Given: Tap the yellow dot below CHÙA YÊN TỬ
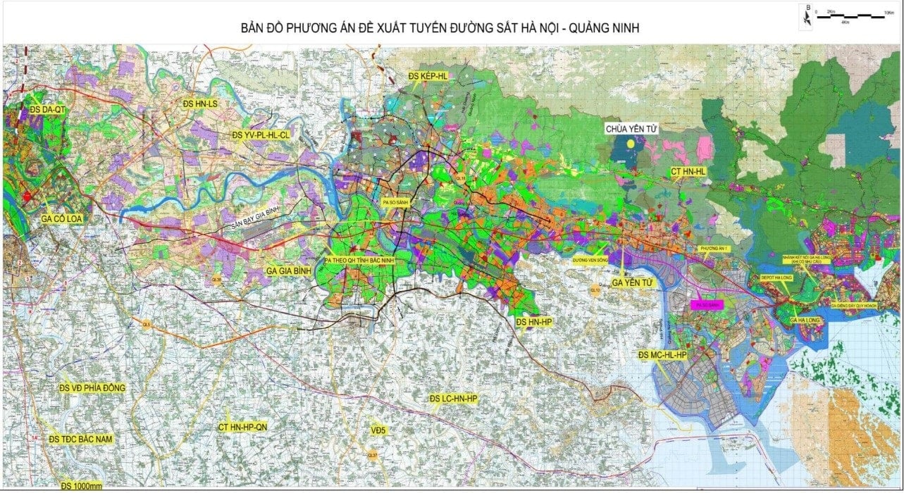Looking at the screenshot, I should [639, 141].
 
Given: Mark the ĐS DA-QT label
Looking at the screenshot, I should [47, 110].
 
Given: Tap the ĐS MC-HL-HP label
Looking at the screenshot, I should [663, 356].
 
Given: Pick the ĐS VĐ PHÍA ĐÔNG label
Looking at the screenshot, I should [92, 388].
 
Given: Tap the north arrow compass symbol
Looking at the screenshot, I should [807, 18].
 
